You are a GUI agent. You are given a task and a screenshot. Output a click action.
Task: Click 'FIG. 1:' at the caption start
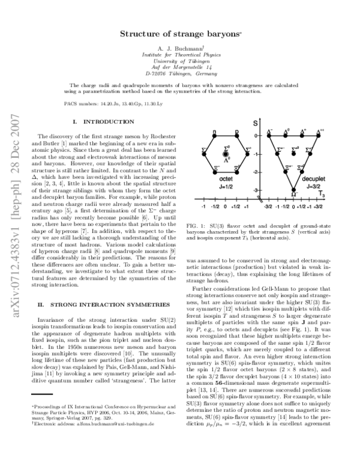tap(199, 224)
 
